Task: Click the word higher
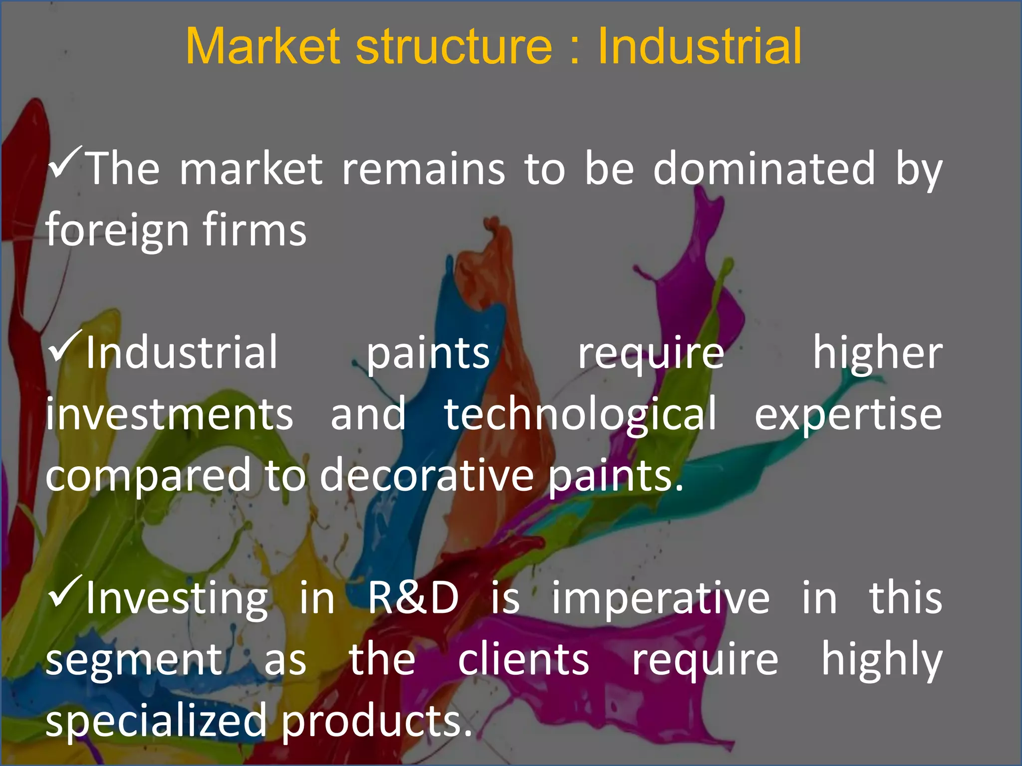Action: (x=877, y=353)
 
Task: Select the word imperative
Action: (x=661, y=598)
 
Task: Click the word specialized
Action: (x=156, y=721)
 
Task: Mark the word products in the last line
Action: (x=377, y=721)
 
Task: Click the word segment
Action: (x=134, y=661)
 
